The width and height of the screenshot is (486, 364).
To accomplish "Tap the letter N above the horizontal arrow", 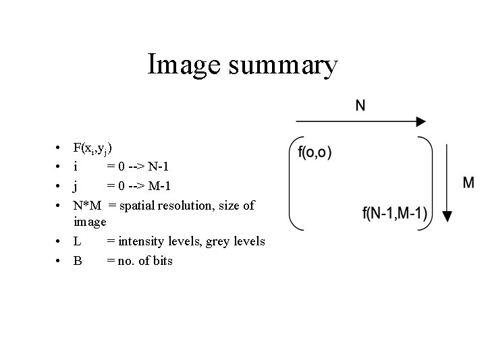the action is [x=360, y=105].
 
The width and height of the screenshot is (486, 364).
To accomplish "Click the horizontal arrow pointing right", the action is [x=360, y=122].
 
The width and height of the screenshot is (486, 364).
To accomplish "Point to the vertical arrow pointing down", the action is [x=447, y=182].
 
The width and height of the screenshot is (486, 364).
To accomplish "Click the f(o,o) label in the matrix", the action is [x=315, y=152].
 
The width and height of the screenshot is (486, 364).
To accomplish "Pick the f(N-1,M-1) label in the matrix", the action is [x=394, y=214].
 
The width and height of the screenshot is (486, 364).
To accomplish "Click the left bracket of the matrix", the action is [x=292, y=182].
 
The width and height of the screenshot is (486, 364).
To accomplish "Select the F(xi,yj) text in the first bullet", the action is [x=93, y=148].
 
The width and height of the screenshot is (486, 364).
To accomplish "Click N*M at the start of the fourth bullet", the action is [x=87, y=204].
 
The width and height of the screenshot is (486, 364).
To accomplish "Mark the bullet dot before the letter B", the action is [x=60, y=260].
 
